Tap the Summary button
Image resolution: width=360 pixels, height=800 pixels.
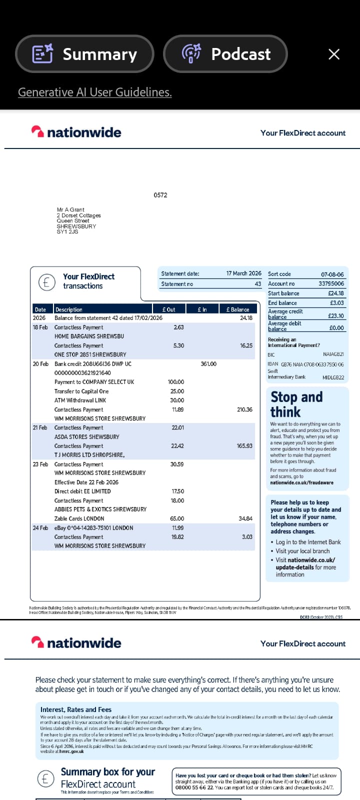[x=84, y=54]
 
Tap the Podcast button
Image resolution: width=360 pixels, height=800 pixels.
[x=225, y=54]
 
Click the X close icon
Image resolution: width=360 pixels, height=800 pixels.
[x=334, y=54]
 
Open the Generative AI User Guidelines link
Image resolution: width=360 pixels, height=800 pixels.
[x=95, y=92]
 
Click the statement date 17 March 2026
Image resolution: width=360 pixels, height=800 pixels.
[x=243, y=273]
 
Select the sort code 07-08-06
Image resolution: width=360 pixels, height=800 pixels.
[x=332, y=274]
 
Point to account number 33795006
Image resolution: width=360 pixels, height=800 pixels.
[x=331, y=283]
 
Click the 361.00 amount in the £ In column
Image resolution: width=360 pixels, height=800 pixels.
[x=208, y=364]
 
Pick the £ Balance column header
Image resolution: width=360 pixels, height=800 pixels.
[x=237, y=309]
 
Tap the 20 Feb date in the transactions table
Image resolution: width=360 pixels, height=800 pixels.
[x=40, y=364]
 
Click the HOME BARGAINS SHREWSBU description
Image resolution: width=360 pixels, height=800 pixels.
[x=89, y=336]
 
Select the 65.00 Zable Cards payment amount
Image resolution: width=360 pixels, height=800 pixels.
[x=177, y=518]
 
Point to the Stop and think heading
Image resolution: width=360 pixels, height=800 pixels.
[x=296, y=404]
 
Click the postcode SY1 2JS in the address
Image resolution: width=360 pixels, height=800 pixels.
[x=67, y=231]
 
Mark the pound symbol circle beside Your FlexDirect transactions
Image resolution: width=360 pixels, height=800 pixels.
[x=46, y=282]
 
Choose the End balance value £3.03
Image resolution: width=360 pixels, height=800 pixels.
[x=336, y=303]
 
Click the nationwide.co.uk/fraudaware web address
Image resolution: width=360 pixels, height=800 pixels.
[x=301, y=482]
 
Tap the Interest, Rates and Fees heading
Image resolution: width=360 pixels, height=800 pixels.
[x=76, y=709]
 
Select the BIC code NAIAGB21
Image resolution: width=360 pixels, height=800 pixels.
[x=333, y=354]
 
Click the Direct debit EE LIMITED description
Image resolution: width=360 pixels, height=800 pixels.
[x=82, y=491]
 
